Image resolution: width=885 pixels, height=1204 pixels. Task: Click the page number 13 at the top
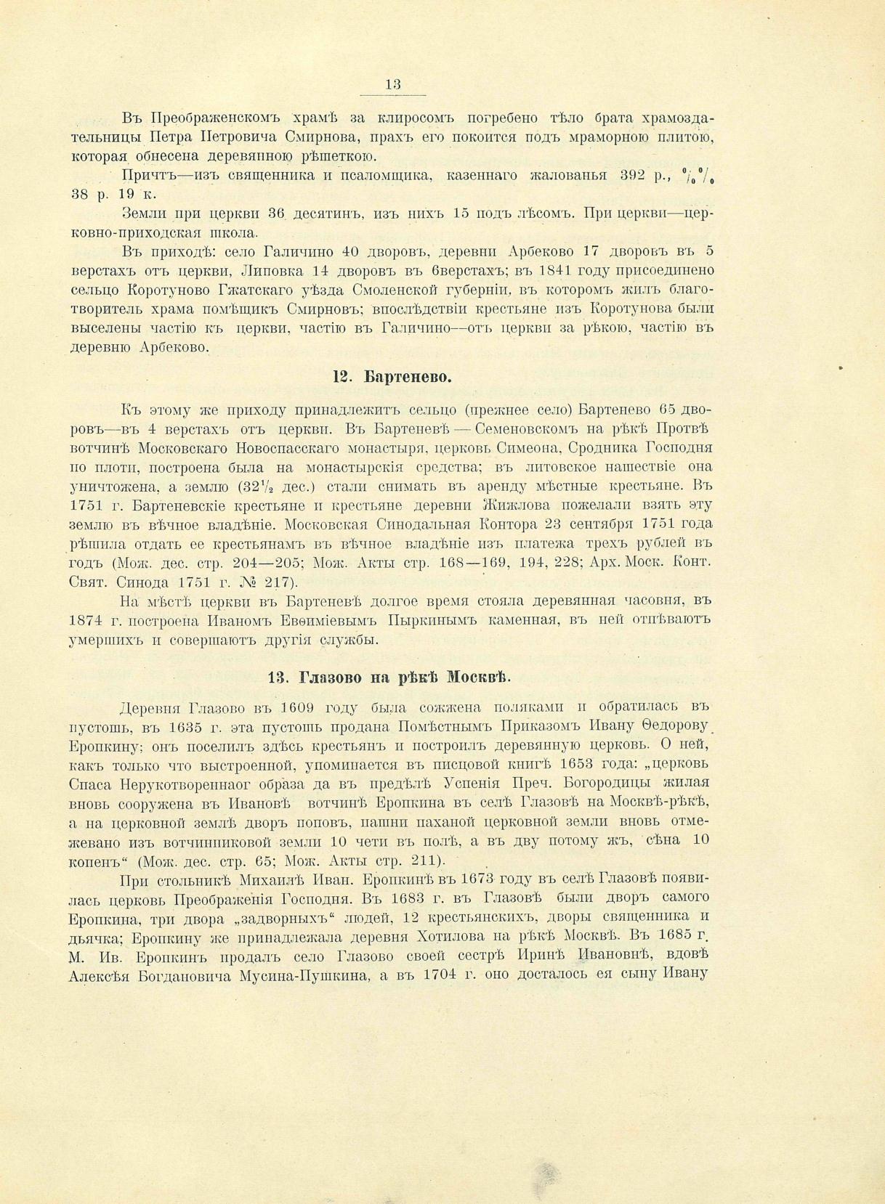point(392,85)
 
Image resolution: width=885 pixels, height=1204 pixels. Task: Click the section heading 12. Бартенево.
point(392,378)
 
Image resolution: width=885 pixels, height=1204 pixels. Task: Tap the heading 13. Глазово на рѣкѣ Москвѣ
point(389,678)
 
